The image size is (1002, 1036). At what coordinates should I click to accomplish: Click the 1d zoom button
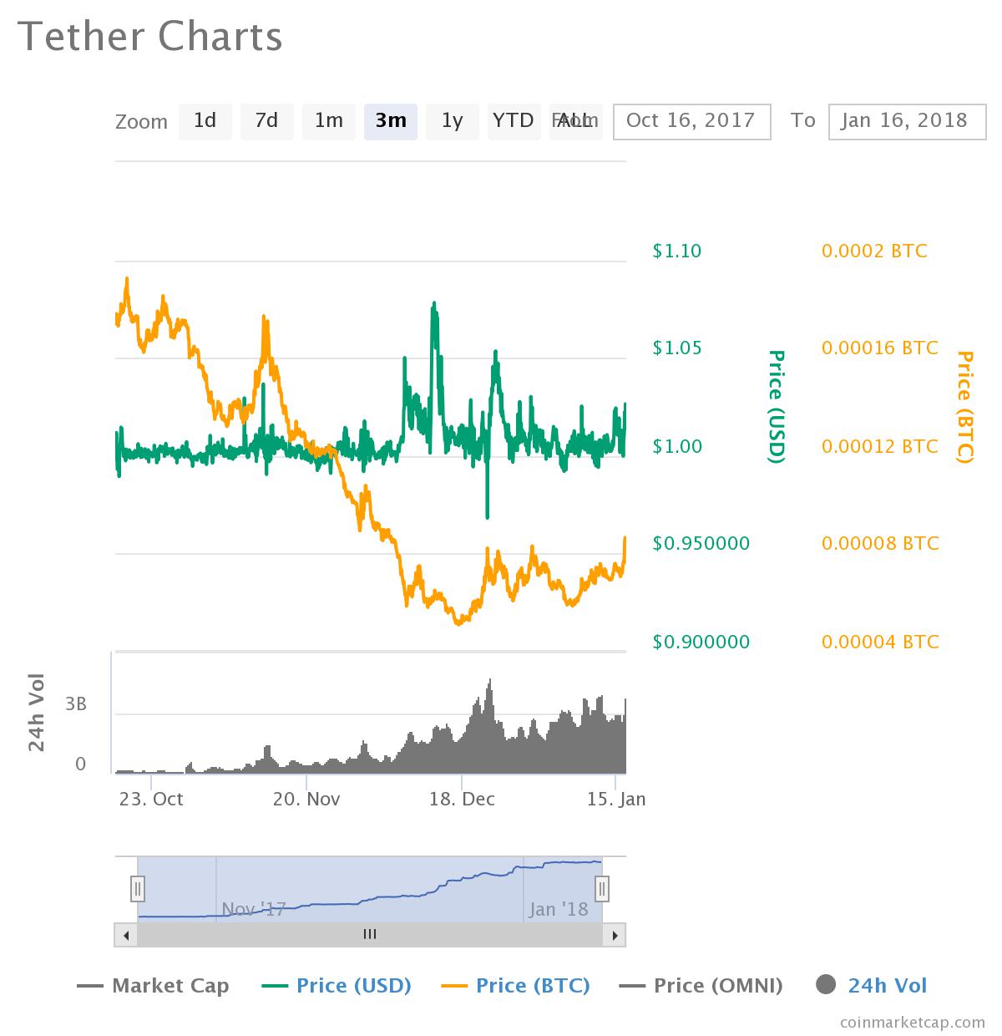point(205,121)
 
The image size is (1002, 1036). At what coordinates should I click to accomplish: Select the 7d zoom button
point(266,121)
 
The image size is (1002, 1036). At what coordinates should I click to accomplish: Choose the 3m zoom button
point(390,121)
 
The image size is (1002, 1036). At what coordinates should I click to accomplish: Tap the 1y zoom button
point(452,121)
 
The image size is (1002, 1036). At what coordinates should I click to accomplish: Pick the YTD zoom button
point(513,121)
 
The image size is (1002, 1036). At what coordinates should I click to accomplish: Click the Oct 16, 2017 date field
point(691,121)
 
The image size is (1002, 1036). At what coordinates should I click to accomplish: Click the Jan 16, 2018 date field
point(907,121)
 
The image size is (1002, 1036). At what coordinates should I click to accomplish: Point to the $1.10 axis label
point(676,251)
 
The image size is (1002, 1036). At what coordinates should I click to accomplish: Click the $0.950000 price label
point(701,543)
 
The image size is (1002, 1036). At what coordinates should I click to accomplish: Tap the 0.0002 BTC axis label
point(874,251)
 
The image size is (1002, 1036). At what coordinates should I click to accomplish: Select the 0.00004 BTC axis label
point(880,642)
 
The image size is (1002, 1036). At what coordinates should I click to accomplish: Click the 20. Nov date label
point(306,799)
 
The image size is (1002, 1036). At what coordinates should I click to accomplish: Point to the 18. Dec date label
point(462,799)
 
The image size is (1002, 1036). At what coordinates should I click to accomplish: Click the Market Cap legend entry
point(153,986)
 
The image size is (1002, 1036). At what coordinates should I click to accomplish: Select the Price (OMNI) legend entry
point(701,986)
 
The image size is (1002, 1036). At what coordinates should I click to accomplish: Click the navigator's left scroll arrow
point(126,935)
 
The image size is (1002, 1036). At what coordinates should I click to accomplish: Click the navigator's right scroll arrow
point(615,935)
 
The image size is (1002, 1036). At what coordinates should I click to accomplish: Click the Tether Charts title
point(150,37)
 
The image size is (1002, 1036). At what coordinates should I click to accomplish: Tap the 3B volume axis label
point(76,704)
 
